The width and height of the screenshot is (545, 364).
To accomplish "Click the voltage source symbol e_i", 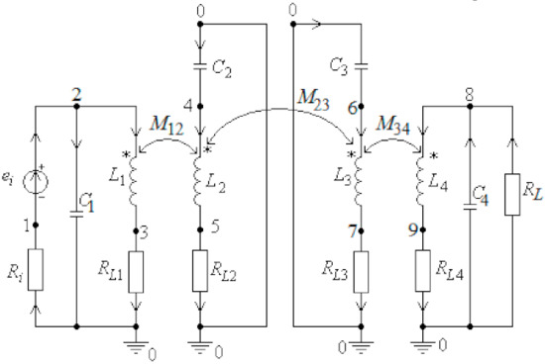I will pyautogui.click(x=37, y=184).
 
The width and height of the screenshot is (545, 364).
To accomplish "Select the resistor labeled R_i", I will pyautogui.click(x=37, y=270).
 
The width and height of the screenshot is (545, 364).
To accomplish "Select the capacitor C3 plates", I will pyautogui.click(x=359, y=67).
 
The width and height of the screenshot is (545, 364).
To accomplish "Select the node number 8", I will pyautogui.click(x=470, y=92).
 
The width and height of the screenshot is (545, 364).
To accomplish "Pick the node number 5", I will pyautogui.click(x=215, y=226).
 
